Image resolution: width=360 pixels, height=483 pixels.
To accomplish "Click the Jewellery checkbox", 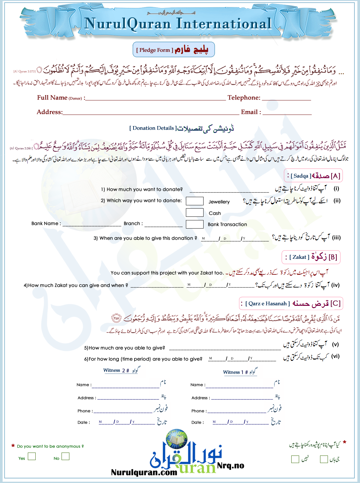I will (195, 201).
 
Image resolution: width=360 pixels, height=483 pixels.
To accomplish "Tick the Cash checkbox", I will (195, 213).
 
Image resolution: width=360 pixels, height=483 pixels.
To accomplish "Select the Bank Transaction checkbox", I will (195, 224).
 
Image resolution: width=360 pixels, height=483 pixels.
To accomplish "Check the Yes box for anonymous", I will (32, 456).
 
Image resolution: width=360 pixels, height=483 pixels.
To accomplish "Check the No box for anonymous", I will (65, 456).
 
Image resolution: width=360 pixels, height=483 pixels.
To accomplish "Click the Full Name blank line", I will (155, 98).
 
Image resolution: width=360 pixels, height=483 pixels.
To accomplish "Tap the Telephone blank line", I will (286, 98).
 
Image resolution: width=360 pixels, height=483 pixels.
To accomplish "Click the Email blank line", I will (287, 113).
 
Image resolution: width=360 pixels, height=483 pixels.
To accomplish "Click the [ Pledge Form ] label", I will (154, 50).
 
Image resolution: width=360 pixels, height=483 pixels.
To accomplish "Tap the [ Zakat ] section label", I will (299, 257).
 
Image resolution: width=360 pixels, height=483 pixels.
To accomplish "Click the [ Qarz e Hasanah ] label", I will (268, 304).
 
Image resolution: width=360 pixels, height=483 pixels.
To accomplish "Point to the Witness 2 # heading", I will (116, 370).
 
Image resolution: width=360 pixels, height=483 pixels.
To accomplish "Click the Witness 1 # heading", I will (236, 372).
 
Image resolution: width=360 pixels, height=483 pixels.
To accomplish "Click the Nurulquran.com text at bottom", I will (144, 472).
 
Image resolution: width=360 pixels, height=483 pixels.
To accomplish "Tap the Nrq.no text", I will (231, 466).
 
